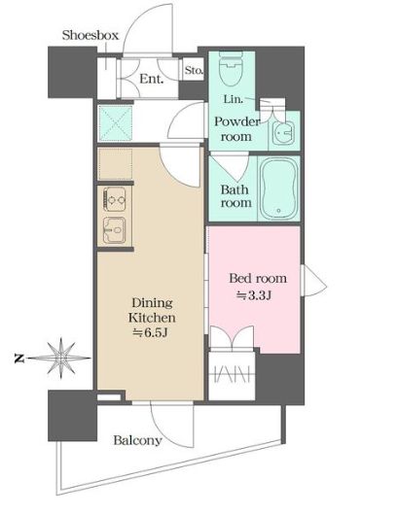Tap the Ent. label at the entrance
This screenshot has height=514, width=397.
[x=151, y=79]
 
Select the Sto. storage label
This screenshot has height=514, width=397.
[x=194, y=70]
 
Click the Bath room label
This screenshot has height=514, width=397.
[x=236, y=194]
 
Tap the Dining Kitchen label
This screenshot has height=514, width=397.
[x=152, y=310]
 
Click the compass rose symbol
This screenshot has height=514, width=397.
[x=59, y=358]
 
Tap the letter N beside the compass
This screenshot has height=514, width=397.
[x=18, y=359]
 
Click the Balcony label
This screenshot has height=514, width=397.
[x=138, y=440]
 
